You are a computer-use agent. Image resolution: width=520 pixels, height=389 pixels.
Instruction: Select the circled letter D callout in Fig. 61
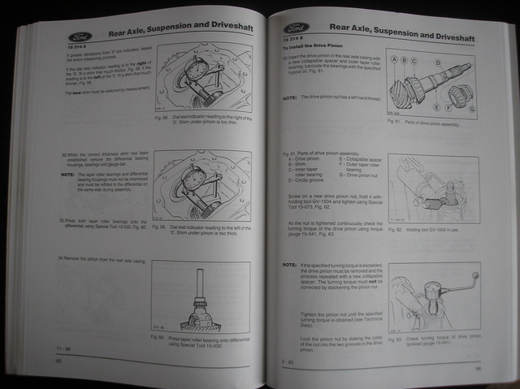pos(438,63)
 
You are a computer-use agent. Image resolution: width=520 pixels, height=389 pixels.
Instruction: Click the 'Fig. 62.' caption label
pos(396,229)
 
